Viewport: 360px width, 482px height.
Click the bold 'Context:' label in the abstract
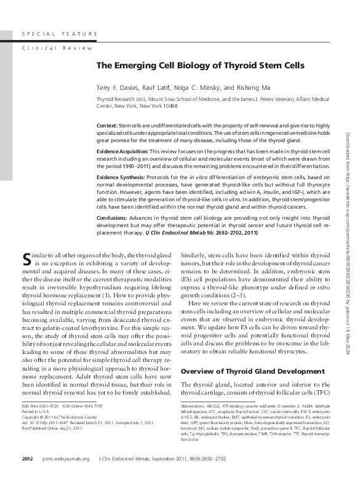click(x=108, y=125)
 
